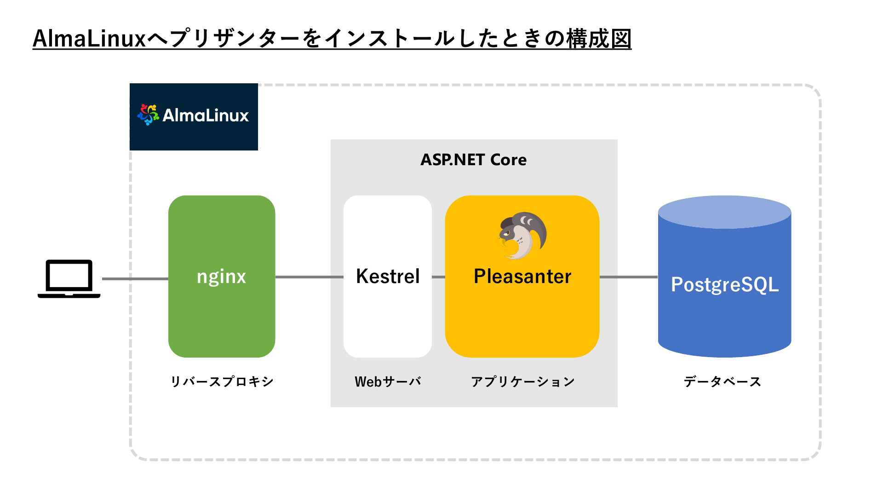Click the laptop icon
(69, 279)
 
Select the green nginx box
(222, 277)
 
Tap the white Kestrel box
(388, 277)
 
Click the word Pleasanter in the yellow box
(522, 277)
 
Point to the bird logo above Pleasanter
(523, 235)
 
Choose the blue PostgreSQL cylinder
(725, 277)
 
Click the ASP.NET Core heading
(474, 160)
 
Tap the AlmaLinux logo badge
(194, 117)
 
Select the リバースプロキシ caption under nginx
(222, 381)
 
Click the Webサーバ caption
(388, 381)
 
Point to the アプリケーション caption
(523, 381)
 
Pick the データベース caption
(722, 381)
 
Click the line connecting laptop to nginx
(135, 279)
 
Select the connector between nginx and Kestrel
(310, 277)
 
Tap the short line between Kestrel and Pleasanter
(438, 277)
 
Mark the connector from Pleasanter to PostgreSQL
(629, 277)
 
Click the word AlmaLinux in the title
(89, 39)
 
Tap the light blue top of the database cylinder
(725, 212)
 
